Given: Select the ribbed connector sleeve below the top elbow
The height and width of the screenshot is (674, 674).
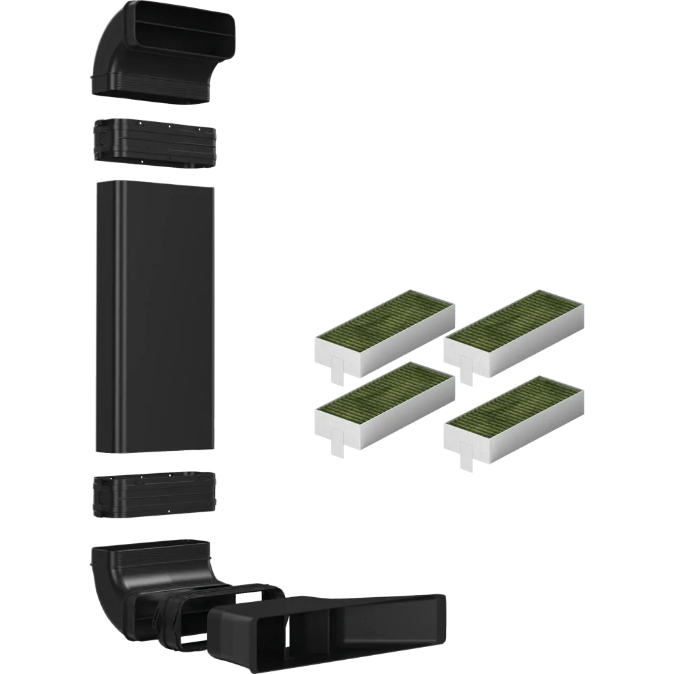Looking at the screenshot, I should tap(154, 143).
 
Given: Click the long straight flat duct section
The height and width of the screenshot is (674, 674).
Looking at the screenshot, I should tap(154, 317).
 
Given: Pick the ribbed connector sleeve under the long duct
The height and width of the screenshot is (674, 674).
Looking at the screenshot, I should tap(154, 495).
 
